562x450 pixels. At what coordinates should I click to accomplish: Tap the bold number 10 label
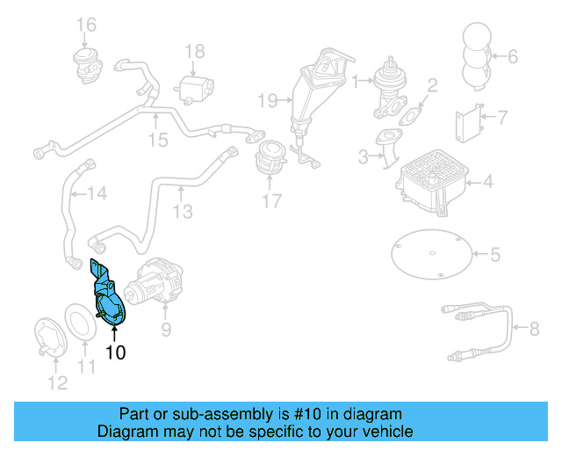[115, 353]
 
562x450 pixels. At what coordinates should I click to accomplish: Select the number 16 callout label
[85, 24]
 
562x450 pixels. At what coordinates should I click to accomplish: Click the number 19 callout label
[268, 99]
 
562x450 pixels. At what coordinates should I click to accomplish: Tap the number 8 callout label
[534, 330]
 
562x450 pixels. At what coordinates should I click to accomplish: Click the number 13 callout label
[182, 212]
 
